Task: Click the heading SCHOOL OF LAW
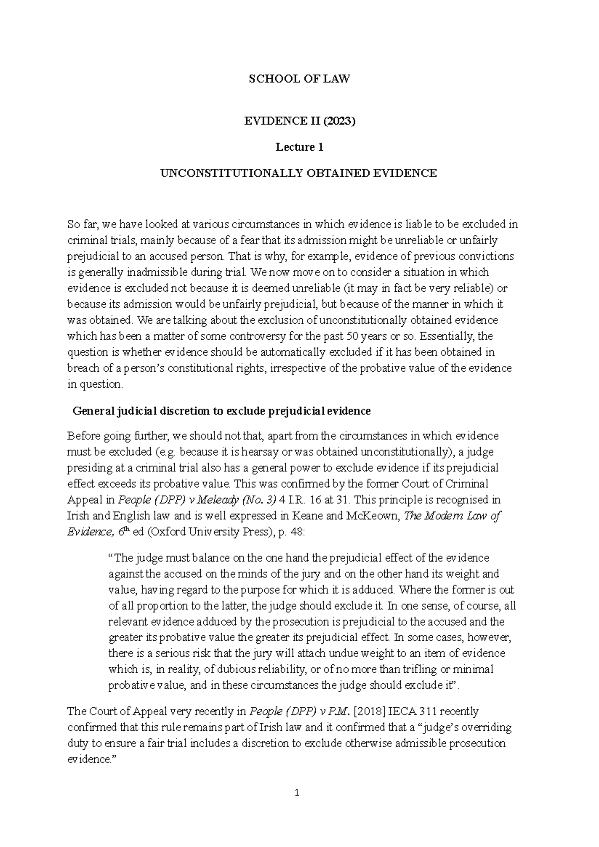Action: point(299,79)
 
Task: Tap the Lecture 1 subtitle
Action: point(299,147)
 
